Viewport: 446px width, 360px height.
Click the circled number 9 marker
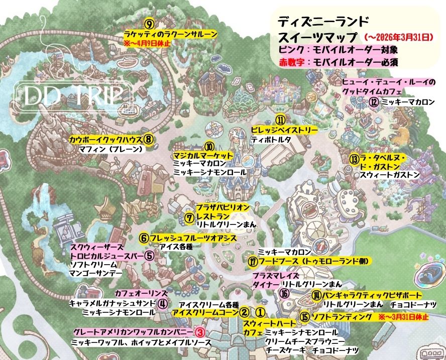149,23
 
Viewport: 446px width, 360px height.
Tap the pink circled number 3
199,332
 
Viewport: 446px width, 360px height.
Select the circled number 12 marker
374,101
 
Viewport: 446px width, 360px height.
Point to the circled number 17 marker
253,262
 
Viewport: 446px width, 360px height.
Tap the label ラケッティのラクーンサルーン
171,34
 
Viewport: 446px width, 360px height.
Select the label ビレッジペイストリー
284,130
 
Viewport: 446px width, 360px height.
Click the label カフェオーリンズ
134,293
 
